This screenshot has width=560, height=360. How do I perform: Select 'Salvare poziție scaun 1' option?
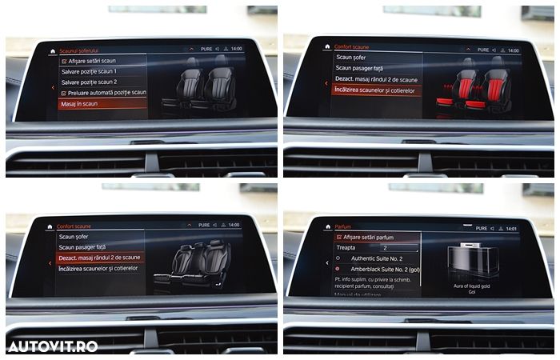[x=94, y=71]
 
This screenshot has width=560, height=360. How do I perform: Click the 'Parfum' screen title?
[x=343, y=226]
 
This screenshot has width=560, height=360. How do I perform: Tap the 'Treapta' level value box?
[x=398, y=248]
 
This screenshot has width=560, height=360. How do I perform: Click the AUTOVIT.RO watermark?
[x=53, y=346]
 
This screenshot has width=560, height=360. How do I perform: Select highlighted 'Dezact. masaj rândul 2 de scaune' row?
[x=100, y=258]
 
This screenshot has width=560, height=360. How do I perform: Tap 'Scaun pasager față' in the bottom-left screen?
[x=83, y=247]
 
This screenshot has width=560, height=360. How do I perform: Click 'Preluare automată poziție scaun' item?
[x=103, y=93]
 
